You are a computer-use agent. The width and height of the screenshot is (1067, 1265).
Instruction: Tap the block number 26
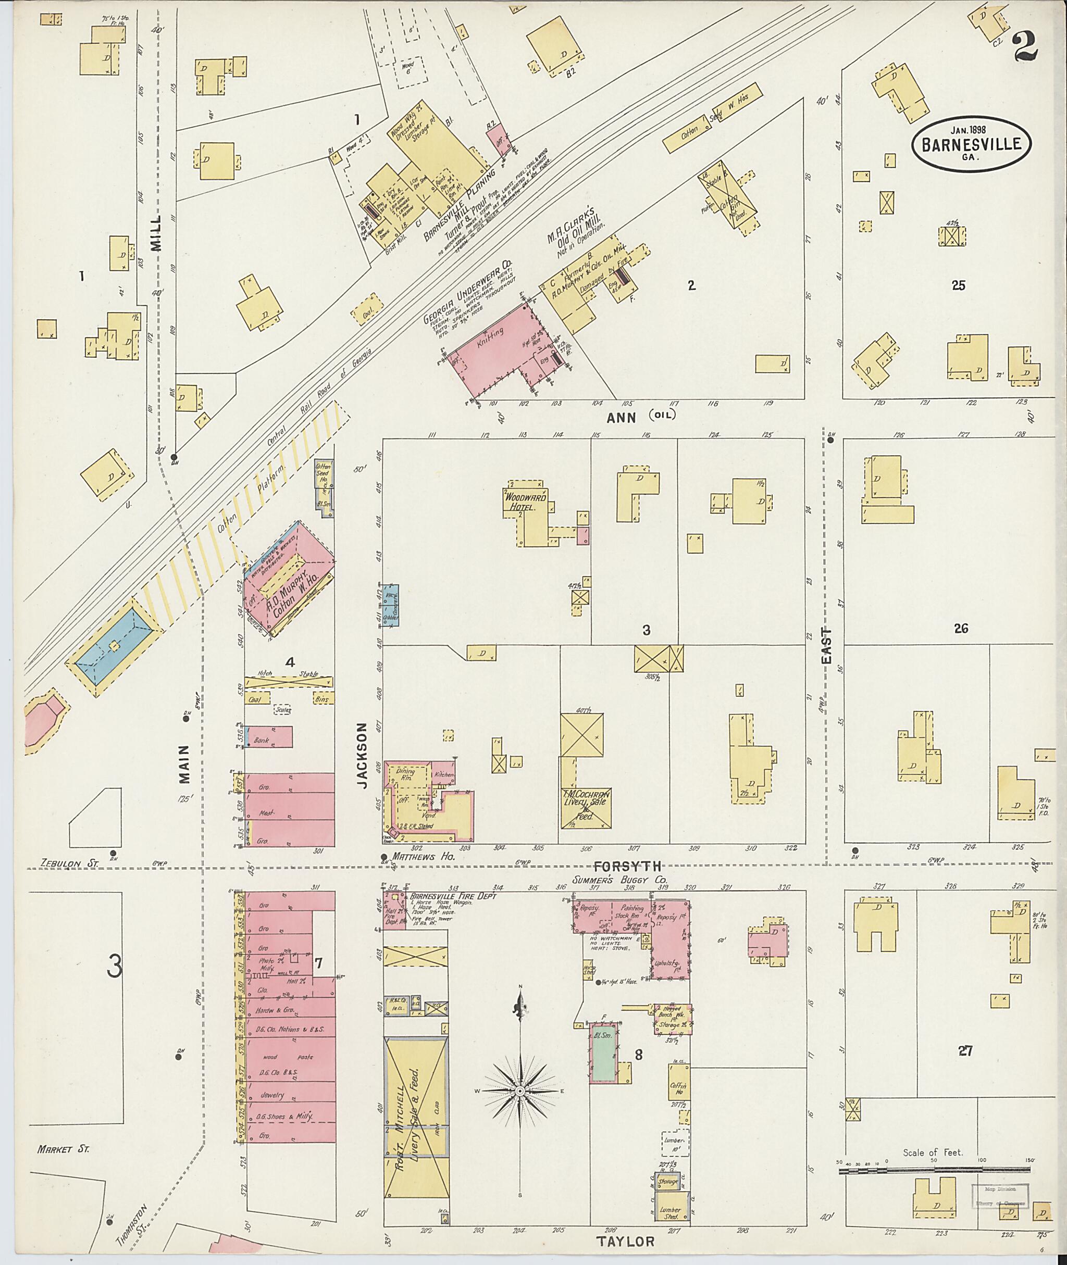coord(961,628)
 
